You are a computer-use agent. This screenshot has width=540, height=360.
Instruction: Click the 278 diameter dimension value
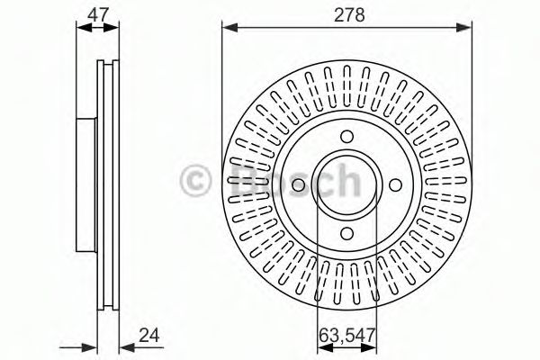(349, 15)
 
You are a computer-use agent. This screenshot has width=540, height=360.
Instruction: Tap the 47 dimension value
(98, 15)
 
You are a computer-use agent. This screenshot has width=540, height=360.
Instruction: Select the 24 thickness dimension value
(149, 335)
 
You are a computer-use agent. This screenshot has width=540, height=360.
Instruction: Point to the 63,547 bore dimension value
(346, 335)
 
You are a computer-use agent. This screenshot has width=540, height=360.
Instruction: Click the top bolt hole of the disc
(347, 136)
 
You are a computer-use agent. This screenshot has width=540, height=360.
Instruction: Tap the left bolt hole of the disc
(299, 185)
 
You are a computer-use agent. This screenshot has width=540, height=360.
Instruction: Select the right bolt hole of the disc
(396, 185)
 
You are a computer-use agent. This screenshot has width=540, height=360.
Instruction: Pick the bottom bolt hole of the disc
(347, 234)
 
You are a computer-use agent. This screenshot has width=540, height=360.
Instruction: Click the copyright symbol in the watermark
(195, 181)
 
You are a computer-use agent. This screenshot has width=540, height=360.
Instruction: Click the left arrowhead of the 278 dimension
(230, 28)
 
